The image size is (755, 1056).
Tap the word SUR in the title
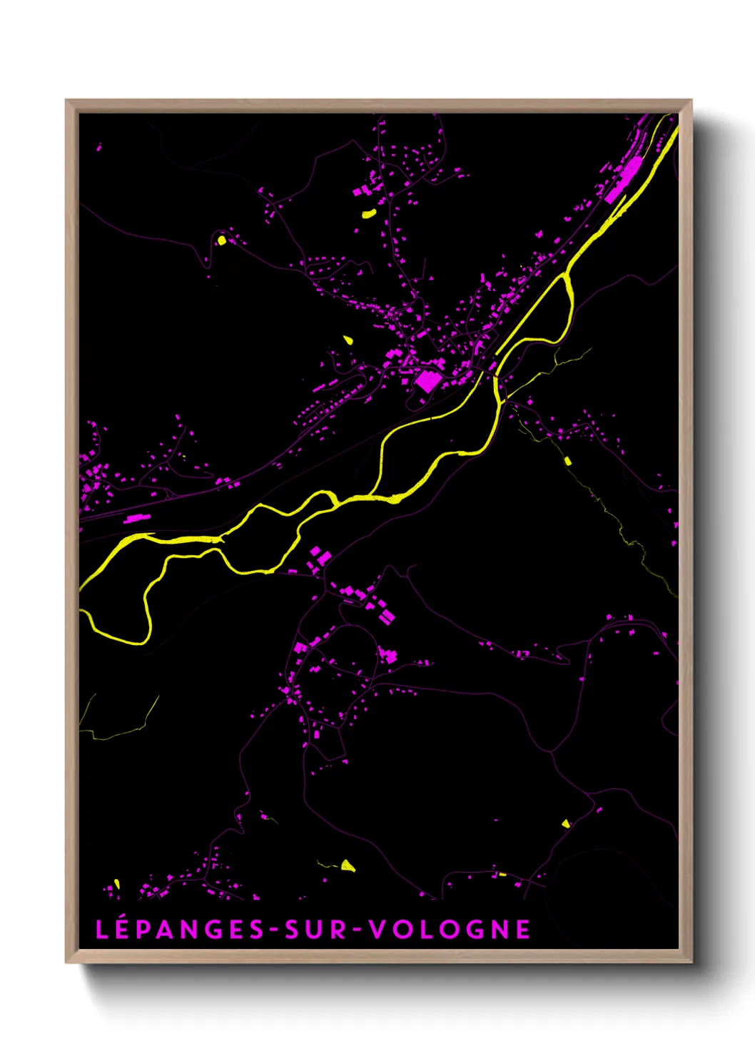[316, 929]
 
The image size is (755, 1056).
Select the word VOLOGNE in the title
[450, 929]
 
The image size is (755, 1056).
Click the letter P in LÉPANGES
[139, 929]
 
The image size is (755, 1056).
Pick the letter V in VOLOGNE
[377, 929]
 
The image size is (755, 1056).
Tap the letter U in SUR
[316, 929]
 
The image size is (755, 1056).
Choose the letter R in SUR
[338, 929]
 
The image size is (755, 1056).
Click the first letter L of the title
[101, 929]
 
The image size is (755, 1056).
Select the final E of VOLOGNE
[524, 929]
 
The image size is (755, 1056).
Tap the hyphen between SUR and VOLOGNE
[358, 930]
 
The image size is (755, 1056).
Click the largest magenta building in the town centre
[427, 381]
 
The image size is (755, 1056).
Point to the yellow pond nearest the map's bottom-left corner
[117, 884]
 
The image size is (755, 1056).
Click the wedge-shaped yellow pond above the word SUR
[348, 866]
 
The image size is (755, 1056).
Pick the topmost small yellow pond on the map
[368, 213]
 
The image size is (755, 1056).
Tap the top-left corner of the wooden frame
[66, 101]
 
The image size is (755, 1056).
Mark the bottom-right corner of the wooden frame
[691, 962]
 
